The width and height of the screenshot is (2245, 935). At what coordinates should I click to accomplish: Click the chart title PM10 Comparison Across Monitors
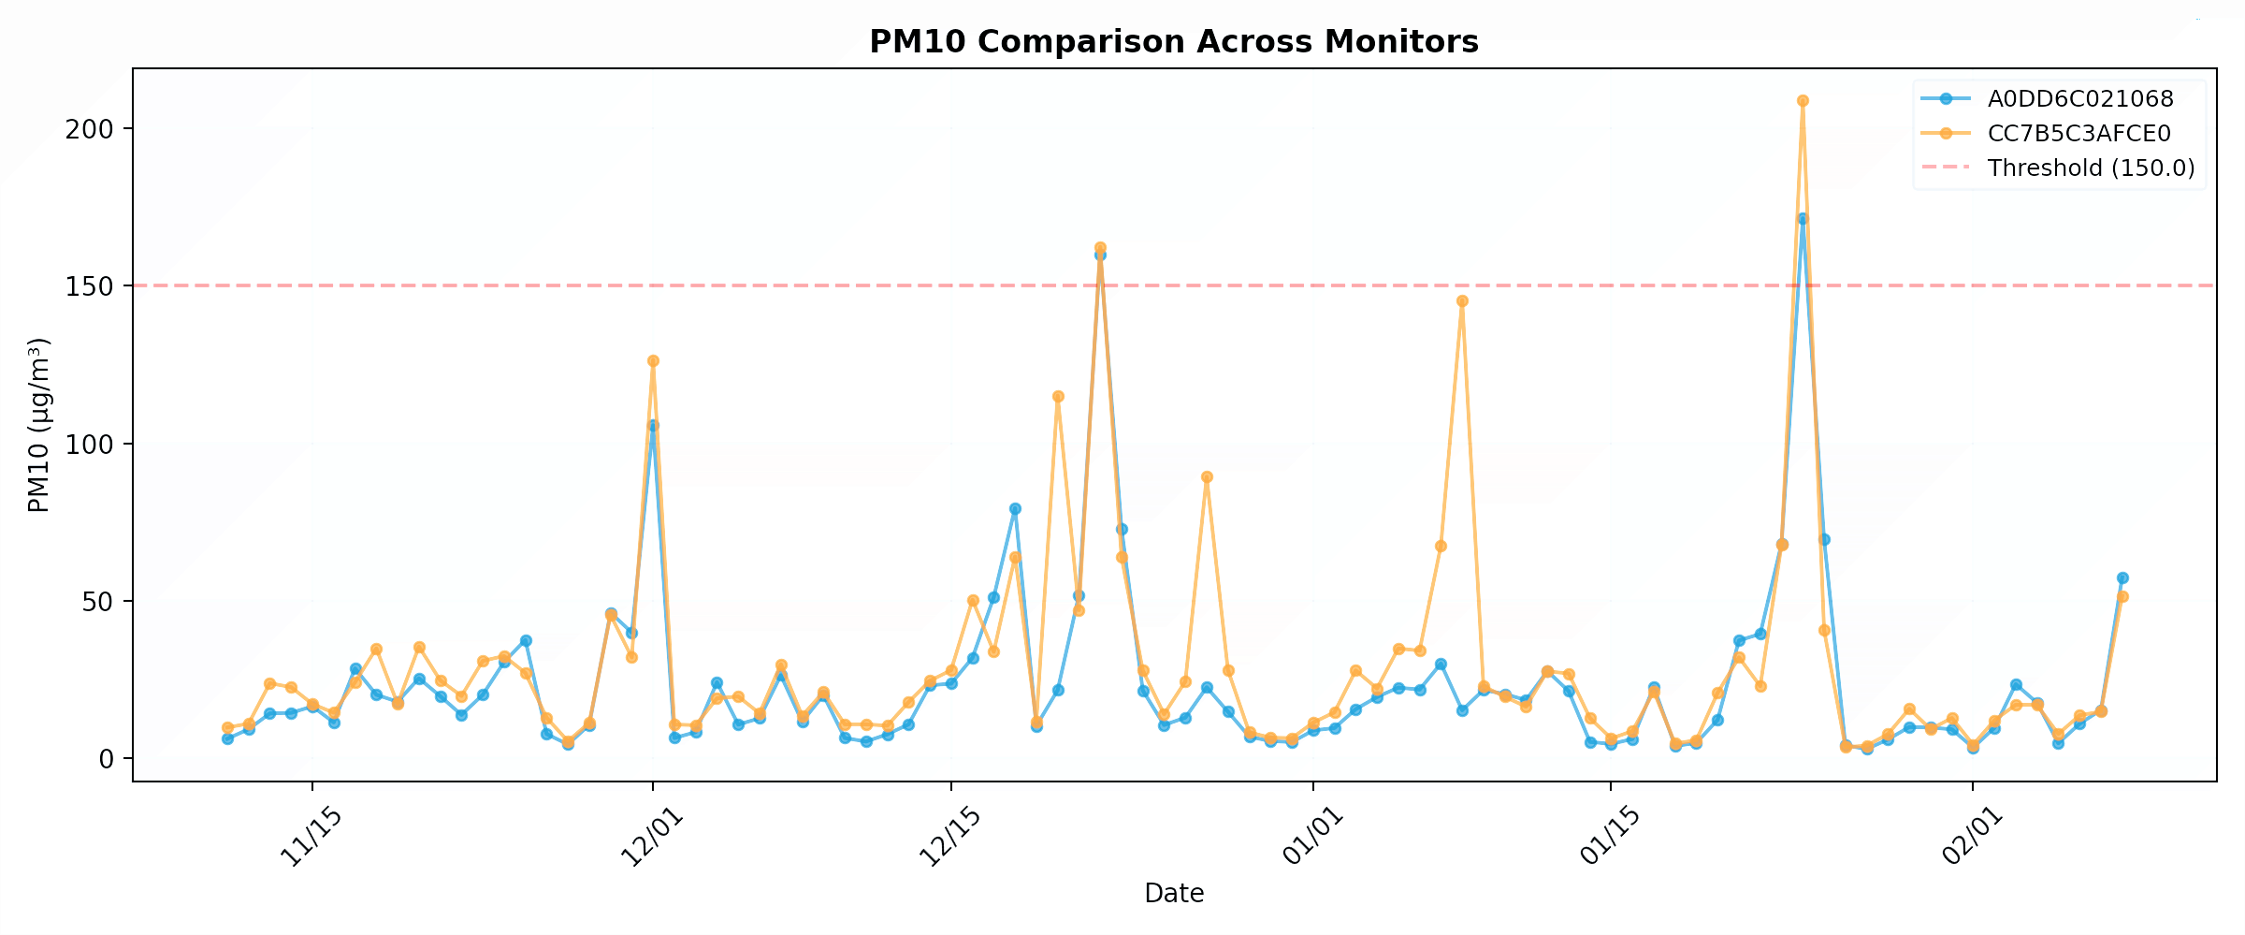[1174, 42]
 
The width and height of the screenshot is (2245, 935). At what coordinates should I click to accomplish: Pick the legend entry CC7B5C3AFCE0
[2078, 134]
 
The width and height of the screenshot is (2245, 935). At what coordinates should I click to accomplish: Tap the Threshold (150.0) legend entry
[2091, 168]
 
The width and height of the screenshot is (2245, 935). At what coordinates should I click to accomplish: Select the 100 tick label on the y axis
[89, 444]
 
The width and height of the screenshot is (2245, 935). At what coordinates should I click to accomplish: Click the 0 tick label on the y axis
[105, 759]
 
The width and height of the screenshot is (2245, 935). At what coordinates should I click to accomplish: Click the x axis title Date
[1174, 894]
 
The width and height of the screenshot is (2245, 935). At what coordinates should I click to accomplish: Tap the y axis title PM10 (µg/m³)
[38, 425]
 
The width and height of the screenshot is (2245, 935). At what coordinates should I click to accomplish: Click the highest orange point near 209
[1803, 101]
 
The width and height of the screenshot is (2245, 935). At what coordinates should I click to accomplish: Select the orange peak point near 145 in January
[1462, 301]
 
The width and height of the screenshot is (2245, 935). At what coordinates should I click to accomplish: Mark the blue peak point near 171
[1803, 219]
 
